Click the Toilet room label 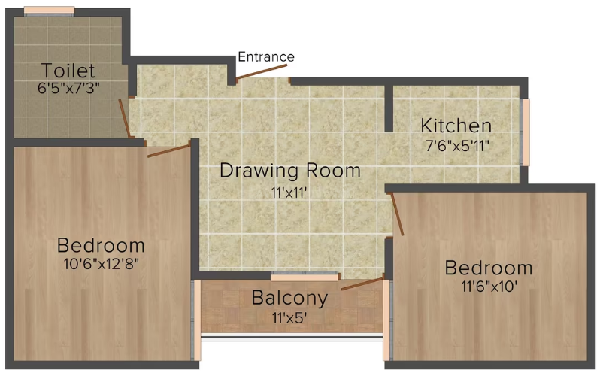[x=68, y=71]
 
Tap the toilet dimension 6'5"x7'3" [x=69, y=87]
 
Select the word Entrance [x=266, y=56]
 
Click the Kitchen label [x=456, y=125]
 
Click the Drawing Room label [x=289, y=171]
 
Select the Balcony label [x=289, y=298]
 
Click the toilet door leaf [x=126, y=118]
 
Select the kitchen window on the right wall [x=526, y=132]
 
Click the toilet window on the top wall [x=50, y=11]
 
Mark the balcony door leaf [x=362, y=284]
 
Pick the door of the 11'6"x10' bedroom [x=396, y=214]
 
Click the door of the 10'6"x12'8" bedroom [x=168, y=150]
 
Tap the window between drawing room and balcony [x=305, y=277]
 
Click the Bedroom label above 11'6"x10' [x=489, y=268]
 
